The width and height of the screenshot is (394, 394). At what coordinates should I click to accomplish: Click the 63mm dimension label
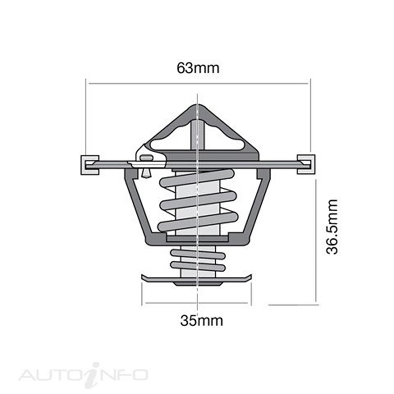[198, 68]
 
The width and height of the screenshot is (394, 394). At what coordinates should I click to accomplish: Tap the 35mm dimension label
[201, 320]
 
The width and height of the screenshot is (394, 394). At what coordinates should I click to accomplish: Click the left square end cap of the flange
[89, 164]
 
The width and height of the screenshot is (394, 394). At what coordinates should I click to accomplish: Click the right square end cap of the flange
[306, 164]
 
